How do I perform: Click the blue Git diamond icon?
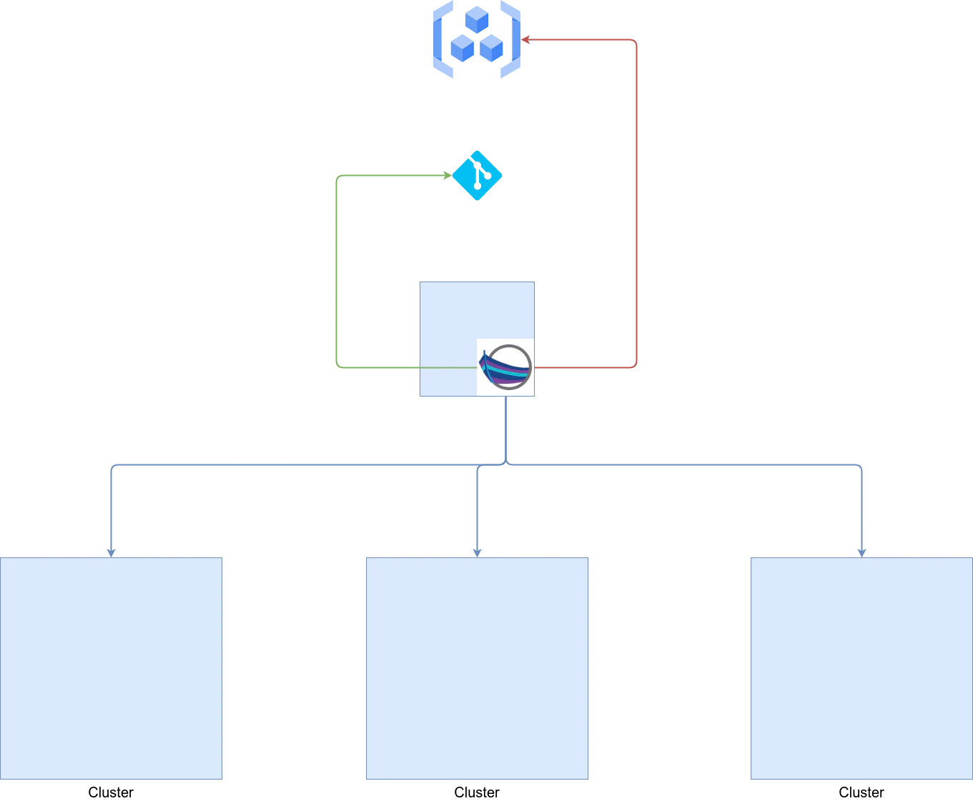click(477, 176)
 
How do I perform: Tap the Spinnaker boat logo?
click(505, 367)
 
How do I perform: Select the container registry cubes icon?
click(476, 39)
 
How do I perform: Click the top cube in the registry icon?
click(477, 19)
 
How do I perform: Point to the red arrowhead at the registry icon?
click(525, 39)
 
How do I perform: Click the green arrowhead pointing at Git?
click(448, 176)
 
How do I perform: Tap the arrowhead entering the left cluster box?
click(111, 553)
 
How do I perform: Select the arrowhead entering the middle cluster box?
click(477, 553)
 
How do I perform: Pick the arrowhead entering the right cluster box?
click(861, 553)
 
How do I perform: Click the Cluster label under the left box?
click(111, 792)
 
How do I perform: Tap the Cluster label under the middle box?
click(477, 792)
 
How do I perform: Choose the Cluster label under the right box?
click(861, 792)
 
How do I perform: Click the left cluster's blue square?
click(111, 668)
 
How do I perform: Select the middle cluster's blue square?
click(477, 668)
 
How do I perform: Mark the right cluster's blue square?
click(861, 668)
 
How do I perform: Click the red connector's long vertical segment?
click(636, 204)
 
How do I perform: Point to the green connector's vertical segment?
click(337, 272)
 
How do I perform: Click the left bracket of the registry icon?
click(443, 39)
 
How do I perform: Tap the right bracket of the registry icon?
click(510, 39)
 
